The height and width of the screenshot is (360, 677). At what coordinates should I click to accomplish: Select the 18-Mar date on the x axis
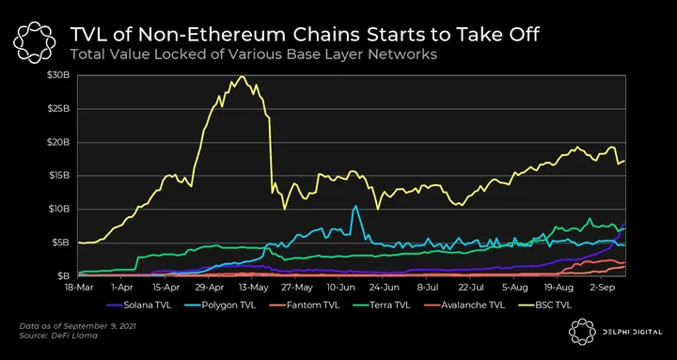[77, 286]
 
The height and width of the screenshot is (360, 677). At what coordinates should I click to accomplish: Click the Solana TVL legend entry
[138, 305]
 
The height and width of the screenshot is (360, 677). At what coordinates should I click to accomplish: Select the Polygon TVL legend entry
[223, 305]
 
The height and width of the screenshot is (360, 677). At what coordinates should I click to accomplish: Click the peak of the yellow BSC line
[242, 76]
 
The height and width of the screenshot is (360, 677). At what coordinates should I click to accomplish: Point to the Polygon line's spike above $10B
[355, 206]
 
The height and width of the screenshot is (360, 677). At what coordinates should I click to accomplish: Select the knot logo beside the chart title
[34, 42]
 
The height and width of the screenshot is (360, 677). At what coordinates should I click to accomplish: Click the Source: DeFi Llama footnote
[58, 336]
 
